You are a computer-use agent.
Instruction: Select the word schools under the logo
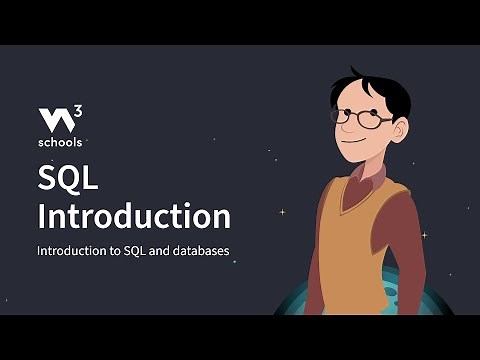pyautogui.click(x=60, y=142)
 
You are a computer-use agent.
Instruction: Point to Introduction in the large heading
pyautogui.click(x=133, y=216)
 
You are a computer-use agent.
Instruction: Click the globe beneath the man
pyautogui.click(x=300, y=301)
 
